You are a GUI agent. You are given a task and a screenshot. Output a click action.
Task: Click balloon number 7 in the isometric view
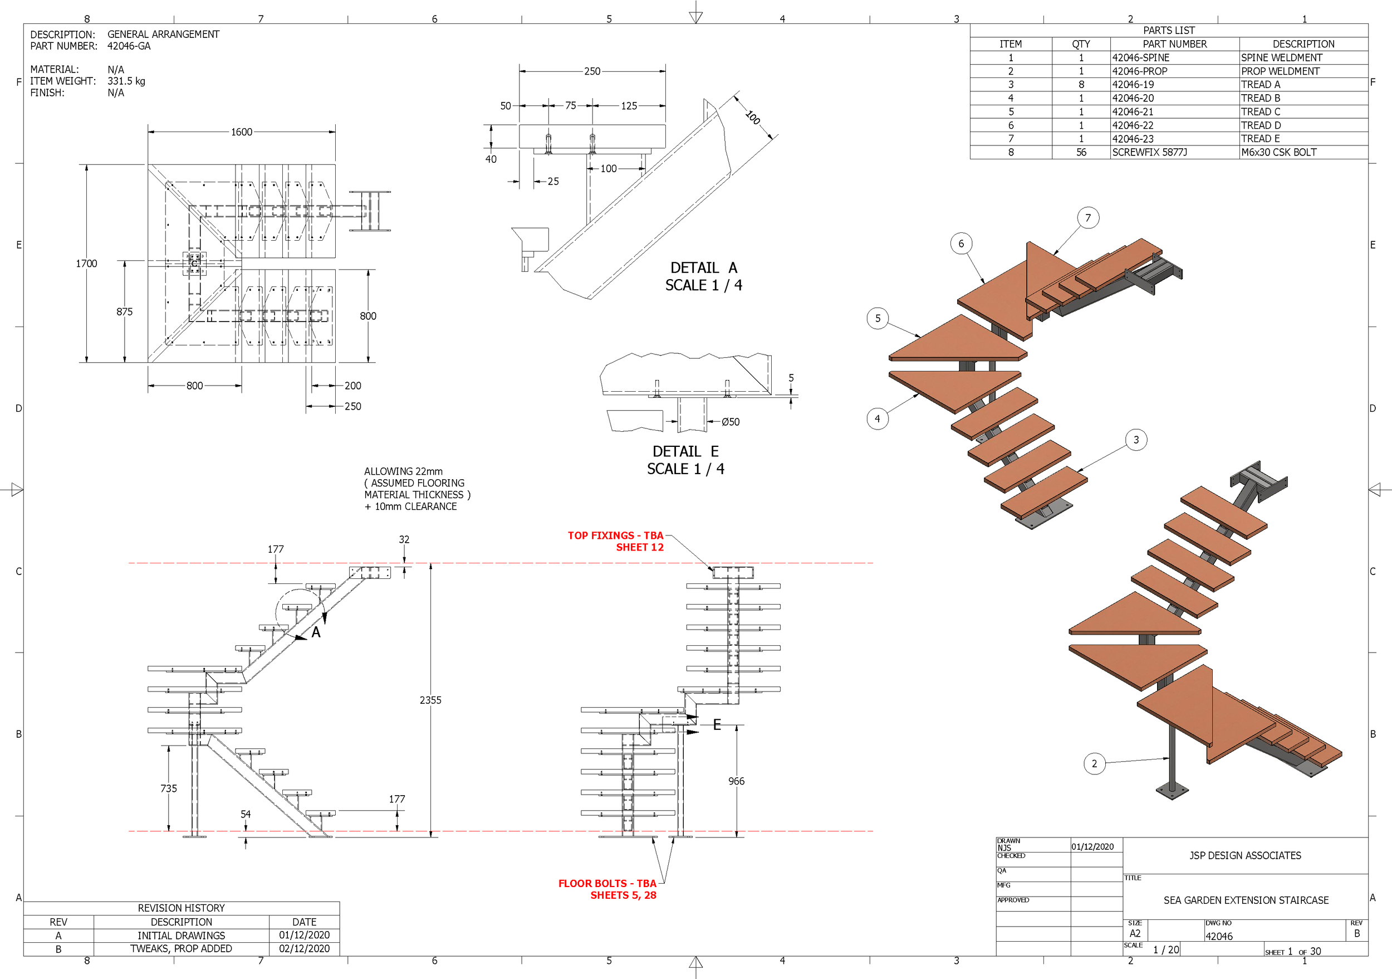point(1087,218)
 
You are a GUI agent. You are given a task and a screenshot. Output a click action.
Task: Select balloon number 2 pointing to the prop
point(1094,764)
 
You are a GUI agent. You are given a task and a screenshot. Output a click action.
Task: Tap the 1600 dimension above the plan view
point(241,131)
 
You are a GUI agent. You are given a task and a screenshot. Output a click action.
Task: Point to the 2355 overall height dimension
point(430,700)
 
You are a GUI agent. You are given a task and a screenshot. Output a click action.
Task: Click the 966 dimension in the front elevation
point(736,781)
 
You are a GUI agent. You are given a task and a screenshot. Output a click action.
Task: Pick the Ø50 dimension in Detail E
point(730,422)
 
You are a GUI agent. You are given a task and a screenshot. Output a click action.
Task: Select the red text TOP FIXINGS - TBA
point(615,535)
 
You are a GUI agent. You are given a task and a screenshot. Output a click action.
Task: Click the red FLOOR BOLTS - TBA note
point(607,883)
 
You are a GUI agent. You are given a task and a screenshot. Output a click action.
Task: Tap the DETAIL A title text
point(703,267)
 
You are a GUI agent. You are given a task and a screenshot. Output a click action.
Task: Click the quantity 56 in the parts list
point(1081,152)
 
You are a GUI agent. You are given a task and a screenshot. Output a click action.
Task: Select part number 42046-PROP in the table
point(1139,71)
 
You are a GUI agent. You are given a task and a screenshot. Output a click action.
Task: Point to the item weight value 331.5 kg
point(126,81)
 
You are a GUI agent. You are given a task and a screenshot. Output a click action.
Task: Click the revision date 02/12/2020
point(305,949)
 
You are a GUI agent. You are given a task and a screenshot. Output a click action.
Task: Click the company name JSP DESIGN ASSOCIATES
point(1244,855)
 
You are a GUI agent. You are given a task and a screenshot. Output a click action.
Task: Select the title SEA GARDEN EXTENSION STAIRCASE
point(1245,900)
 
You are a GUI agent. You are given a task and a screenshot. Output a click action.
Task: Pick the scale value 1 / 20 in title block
point(1166,950)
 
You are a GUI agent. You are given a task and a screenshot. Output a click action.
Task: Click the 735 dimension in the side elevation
point(169,788)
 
